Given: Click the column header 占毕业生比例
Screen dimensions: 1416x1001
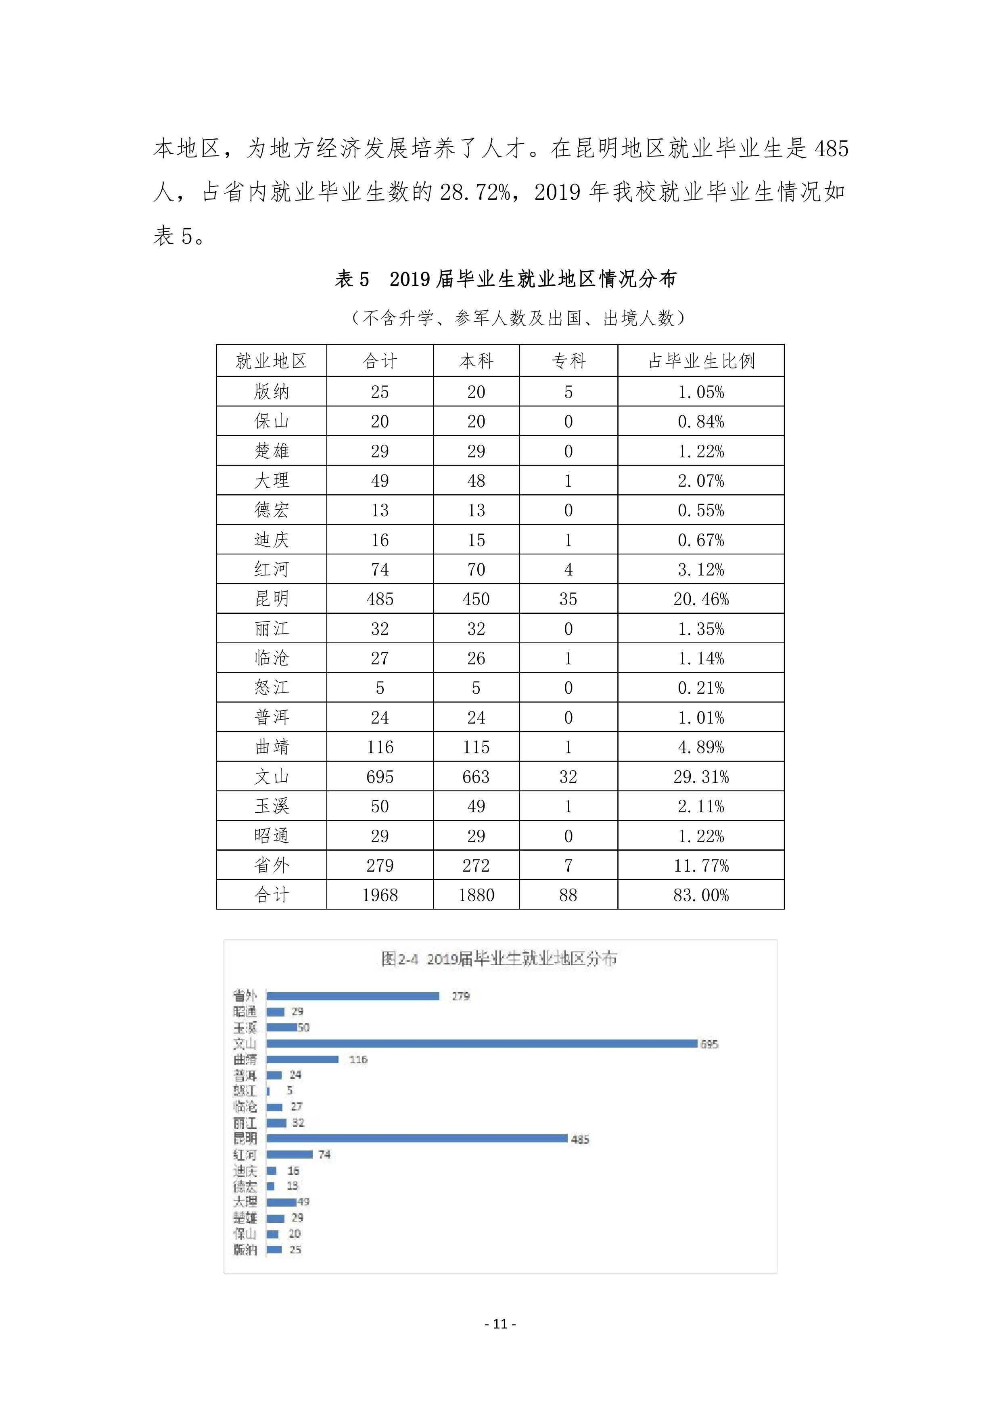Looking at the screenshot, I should (x=701, y=361).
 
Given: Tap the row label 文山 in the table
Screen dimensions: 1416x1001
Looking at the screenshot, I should (x=272, y=776).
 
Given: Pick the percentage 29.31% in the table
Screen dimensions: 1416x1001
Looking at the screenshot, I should (x=701, y=776).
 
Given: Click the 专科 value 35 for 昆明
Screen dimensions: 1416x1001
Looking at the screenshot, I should (x=568, y=599).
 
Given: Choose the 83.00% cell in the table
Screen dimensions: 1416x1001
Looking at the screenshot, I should (x=701, y=895).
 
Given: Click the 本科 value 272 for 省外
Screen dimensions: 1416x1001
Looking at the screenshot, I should (x=476, y=865).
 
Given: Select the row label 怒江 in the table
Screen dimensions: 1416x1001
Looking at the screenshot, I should (x=272, y=688).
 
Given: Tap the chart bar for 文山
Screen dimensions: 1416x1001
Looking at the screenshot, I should (x=481, y=1044).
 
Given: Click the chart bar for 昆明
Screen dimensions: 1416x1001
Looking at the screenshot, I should (x=416, y=1138).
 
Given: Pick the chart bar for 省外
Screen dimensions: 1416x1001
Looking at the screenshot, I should (x=352, y=996).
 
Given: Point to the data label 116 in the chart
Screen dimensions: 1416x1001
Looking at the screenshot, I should (x=358, y=1060).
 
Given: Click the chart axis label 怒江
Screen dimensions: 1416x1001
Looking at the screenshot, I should (x=245, y=1091).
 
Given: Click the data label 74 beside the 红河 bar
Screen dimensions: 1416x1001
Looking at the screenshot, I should (x=324, y=1155).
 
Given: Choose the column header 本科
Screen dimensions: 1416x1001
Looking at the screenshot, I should (x=476, y=361).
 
